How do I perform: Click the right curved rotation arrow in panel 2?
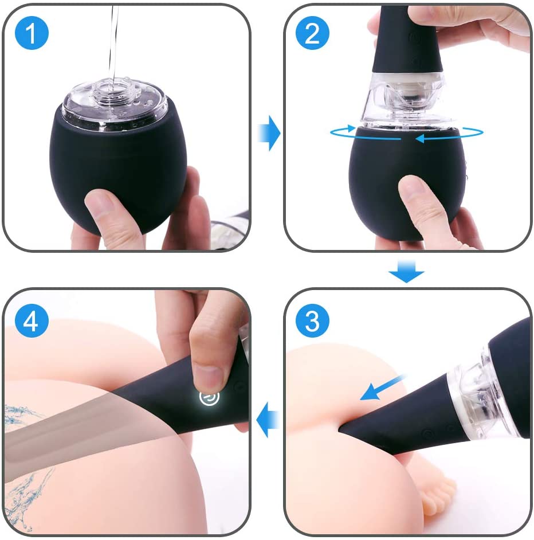tap(453, 135)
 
